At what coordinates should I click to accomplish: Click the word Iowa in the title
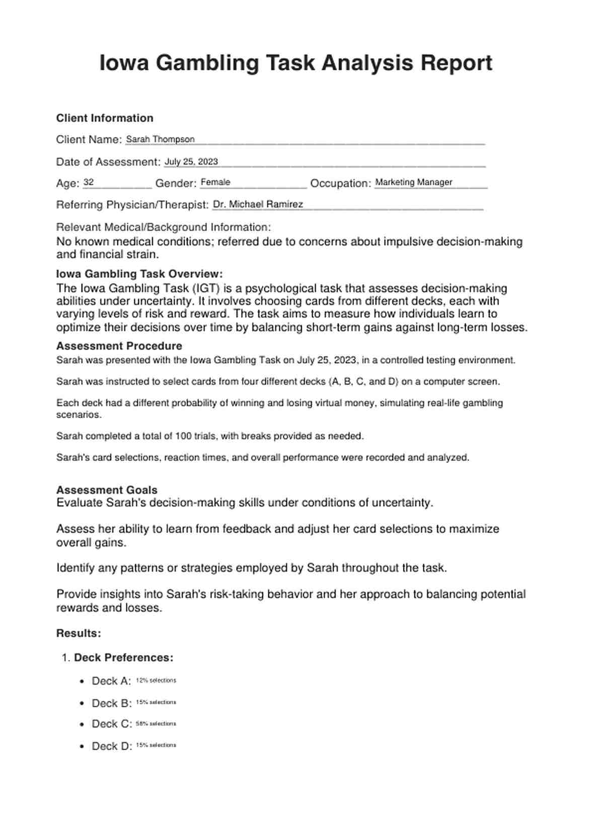coord(124,64)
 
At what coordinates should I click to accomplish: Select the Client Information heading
coord(105,118)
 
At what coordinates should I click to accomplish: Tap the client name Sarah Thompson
coord(160,139)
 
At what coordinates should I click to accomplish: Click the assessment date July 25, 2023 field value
coord(191,161)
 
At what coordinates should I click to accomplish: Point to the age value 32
coord(89,183)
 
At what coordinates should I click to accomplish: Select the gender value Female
coord(215,183)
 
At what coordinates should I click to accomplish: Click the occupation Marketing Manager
coord(414,183)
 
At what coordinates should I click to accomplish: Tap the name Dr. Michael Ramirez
coord(258,204)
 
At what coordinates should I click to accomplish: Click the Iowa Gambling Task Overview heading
coord(139,274)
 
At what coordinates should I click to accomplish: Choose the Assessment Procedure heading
coord(119,346)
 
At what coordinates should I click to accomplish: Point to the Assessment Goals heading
coord(107,490)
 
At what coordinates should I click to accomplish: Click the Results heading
coord(79,633)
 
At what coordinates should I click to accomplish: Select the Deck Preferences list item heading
coord(124,658)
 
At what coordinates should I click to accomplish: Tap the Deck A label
coord(111,681)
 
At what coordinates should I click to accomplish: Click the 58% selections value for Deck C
coord(156,724)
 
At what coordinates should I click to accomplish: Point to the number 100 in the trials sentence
coord(183,436)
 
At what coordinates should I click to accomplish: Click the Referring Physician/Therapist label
coord(132,205)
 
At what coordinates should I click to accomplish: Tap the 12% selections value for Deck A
coord(156,681)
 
